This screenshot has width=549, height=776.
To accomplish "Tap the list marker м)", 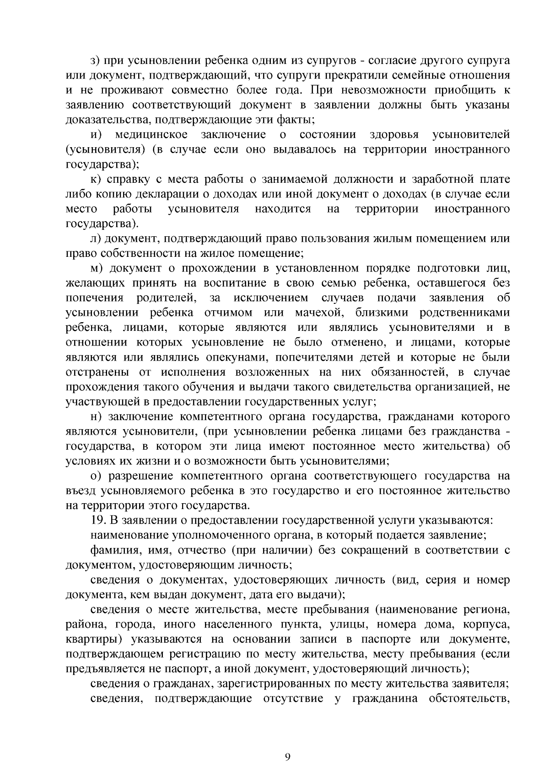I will [x=96, y=268].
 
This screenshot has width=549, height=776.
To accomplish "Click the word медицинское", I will [x=151, y=135].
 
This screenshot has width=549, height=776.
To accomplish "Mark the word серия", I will [x=440, y=580].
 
